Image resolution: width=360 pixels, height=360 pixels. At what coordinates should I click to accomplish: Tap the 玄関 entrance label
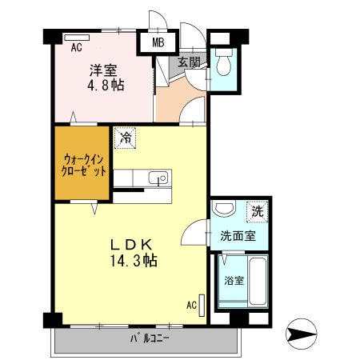pyautogui.click(x=189, y=62)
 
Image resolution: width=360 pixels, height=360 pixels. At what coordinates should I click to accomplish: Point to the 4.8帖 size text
pyautogui.click(x=105, y=83)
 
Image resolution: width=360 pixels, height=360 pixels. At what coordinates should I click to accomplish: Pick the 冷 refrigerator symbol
pyautogui.click(x=125, y=137)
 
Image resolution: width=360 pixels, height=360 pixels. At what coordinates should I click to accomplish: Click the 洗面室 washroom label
pyautogui.click(x=238, y=237)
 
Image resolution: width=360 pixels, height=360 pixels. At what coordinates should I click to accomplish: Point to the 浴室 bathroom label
pyautogui.click(x=234, y=281)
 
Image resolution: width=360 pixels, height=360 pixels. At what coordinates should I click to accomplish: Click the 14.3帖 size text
pyautogui.click(x=133, y=260)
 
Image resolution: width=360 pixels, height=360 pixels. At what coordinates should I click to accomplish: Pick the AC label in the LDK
pyautogui.click(x=191, y=305)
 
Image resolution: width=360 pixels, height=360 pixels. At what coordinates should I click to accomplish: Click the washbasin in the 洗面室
pyautogui.click(x=225, y=210)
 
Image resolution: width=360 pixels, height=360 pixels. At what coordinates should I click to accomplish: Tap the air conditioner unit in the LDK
pyautogui.click(x=202, y=305)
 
